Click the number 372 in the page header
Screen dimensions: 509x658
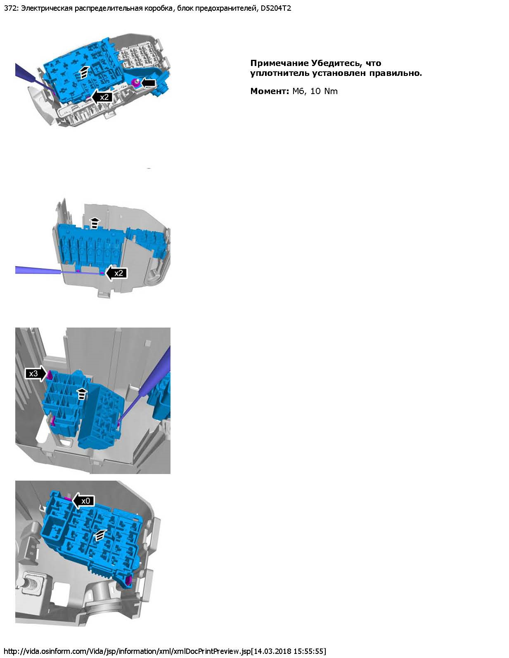tap(10, 8)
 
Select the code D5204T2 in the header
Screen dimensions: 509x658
tap(276, 8)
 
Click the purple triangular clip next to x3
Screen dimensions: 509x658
tap(50, 375)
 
